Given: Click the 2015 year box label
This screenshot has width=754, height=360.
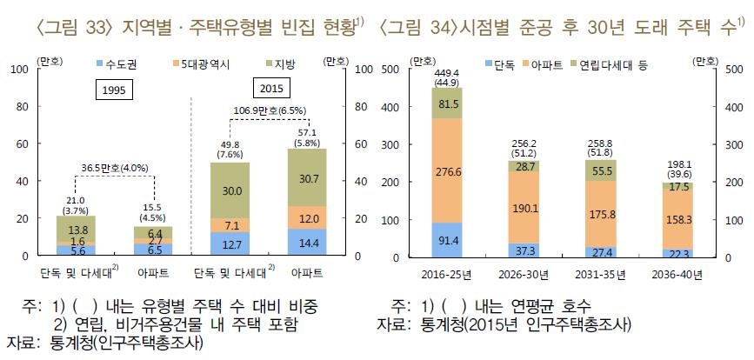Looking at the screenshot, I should (273, 89).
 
